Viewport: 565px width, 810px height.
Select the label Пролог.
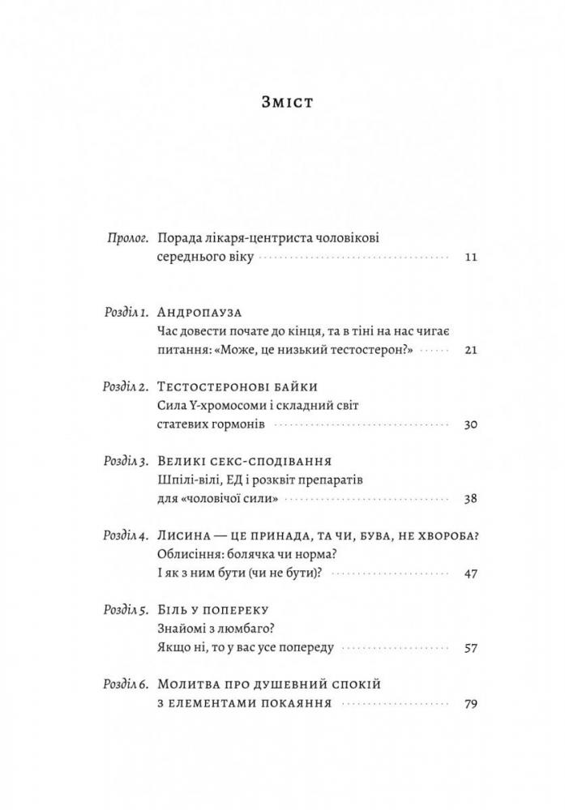[x=128, y=237]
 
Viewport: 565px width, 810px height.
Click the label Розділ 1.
[x=126, y=313]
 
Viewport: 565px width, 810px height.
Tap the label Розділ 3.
[x=126, y=461]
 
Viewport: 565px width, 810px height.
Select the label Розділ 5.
[x=126, y=609]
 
